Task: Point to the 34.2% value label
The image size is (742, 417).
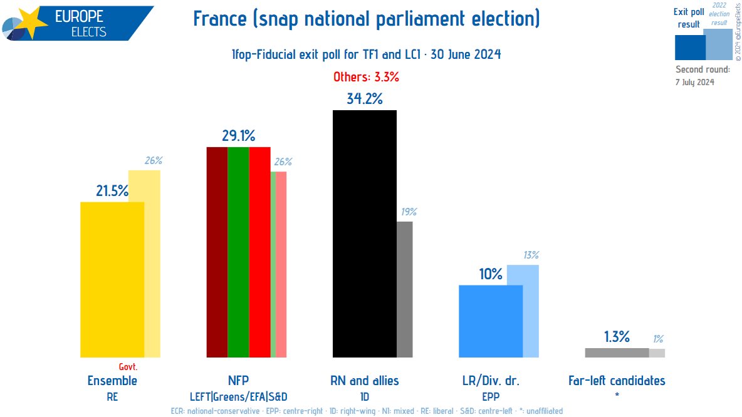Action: coord(364,98)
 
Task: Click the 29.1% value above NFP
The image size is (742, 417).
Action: coord(238,136)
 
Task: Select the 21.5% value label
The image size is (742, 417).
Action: coord(112,190)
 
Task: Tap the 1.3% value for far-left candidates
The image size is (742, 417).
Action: coord(617,337)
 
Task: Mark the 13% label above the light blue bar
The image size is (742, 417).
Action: coord(530,255)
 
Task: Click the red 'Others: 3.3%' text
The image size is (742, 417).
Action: coord(366,78)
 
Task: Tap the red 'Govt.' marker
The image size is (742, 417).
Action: coord(128,367)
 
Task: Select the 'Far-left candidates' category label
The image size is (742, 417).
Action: coord(617,380)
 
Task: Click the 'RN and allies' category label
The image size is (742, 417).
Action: coord(364,380)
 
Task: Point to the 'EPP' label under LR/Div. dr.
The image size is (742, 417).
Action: coord(491,396)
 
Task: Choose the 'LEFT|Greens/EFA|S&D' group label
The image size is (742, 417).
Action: coord(238,396)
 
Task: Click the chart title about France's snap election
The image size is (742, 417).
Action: coord(366,19)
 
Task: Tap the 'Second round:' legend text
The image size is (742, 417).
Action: coord(703,69)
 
